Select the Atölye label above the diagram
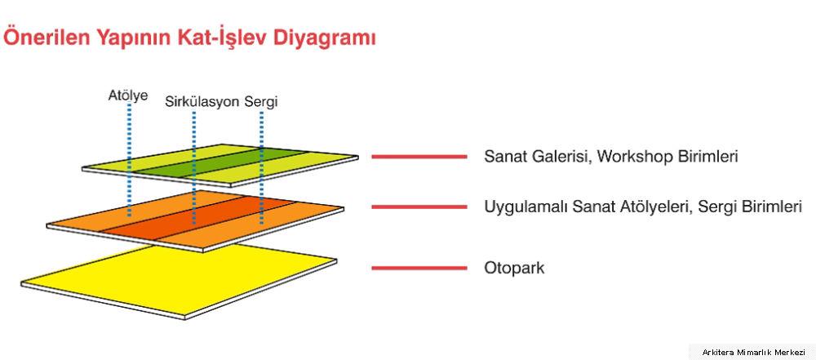[128, 96]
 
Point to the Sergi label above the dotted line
[261, 102]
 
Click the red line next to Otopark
[419, 269]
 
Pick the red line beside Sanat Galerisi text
[419, 156]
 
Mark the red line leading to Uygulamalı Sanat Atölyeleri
[419, 207]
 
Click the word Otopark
[514, 269]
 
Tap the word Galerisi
[557, 156]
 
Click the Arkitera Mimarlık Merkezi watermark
[753, 352]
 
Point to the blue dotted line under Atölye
[129, 159]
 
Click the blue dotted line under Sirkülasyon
[194, 167]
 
